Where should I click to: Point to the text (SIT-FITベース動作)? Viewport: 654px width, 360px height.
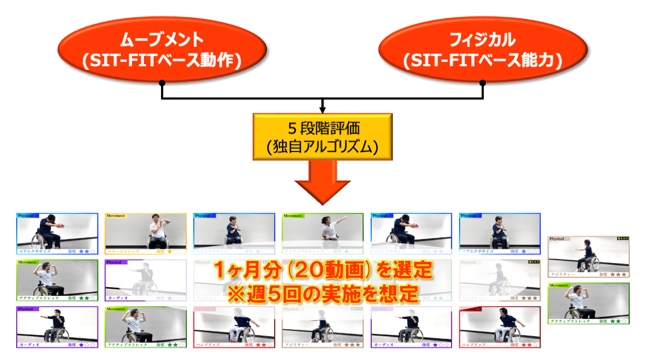pyautogui.click(x=162, y=60)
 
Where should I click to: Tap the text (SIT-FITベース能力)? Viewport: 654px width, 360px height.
pyautogui.click(x=483, y=60)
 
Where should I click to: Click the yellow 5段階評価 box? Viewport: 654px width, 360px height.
pyautogui.click(x=322, y=136)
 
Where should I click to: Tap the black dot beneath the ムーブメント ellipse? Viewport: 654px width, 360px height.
pyautogui.click(x=162, y=83)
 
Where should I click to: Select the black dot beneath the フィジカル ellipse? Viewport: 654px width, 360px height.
pyautogui.click(x=483, y=83)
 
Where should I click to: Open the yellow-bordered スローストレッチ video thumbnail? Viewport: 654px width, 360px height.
pyautogui.click(x=145, y=233)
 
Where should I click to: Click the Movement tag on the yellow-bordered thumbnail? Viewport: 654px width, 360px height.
pyautogui.click(x=116, y=216)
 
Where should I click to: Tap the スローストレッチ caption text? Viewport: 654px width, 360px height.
pyautogui.click(x=124, y=251)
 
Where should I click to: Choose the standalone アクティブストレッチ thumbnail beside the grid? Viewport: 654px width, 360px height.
pyautogui.click(x=588, y=303)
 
